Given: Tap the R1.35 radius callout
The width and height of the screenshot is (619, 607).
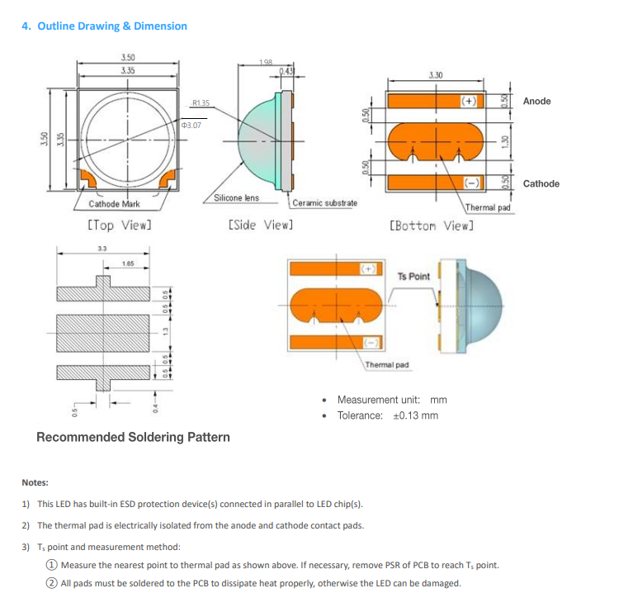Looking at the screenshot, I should coord(201,103).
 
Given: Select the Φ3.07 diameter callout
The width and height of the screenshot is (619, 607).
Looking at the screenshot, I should coord(191,125).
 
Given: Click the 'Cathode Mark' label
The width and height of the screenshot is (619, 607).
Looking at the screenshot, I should coord(114,204).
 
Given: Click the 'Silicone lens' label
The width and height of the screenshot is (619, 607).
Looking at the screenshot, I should coord(236,198).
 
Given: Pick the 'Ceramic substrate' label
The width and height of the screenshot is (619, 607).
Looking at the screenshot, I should coord(325,203).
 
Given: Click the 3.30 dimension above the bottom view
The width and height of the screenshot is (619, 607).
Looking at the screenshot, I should coord(436,75).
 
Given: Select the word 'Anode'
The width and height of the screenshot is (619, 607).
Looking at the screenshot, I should coord(536,101).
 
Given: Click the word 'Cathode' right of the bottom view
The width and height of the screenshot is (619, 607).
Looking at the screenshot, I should coord(541,183).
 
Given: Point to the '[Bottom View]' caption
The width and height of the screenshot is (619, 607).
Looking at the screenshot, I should coord(432,225).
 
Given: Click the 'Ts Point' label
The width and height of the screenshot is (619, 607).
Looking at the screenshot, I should coord(413,276).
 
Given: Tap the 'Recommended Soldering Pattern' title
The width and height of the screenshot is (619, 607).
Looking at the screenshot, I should coord(133,437).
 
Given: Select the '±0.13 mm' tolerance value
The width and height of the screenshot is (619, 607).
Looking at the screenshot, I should coord(415,415).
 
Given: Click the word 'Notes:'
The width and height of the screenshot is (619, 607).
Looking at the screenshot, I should coord(35,482).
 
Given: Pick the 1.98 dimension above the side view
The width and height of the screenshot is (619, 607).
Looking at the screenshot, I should coord(266,63).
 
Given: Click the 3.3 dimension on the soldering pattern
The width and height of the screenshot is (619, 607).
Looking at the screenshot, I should coord(102,248).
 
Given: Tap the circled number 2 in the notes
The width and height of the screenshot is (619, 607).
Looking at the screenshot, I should coord(51,583).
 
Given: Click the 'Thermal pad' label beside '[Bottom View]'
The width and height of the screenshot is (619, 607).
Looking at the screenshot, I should coord(489,207).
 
